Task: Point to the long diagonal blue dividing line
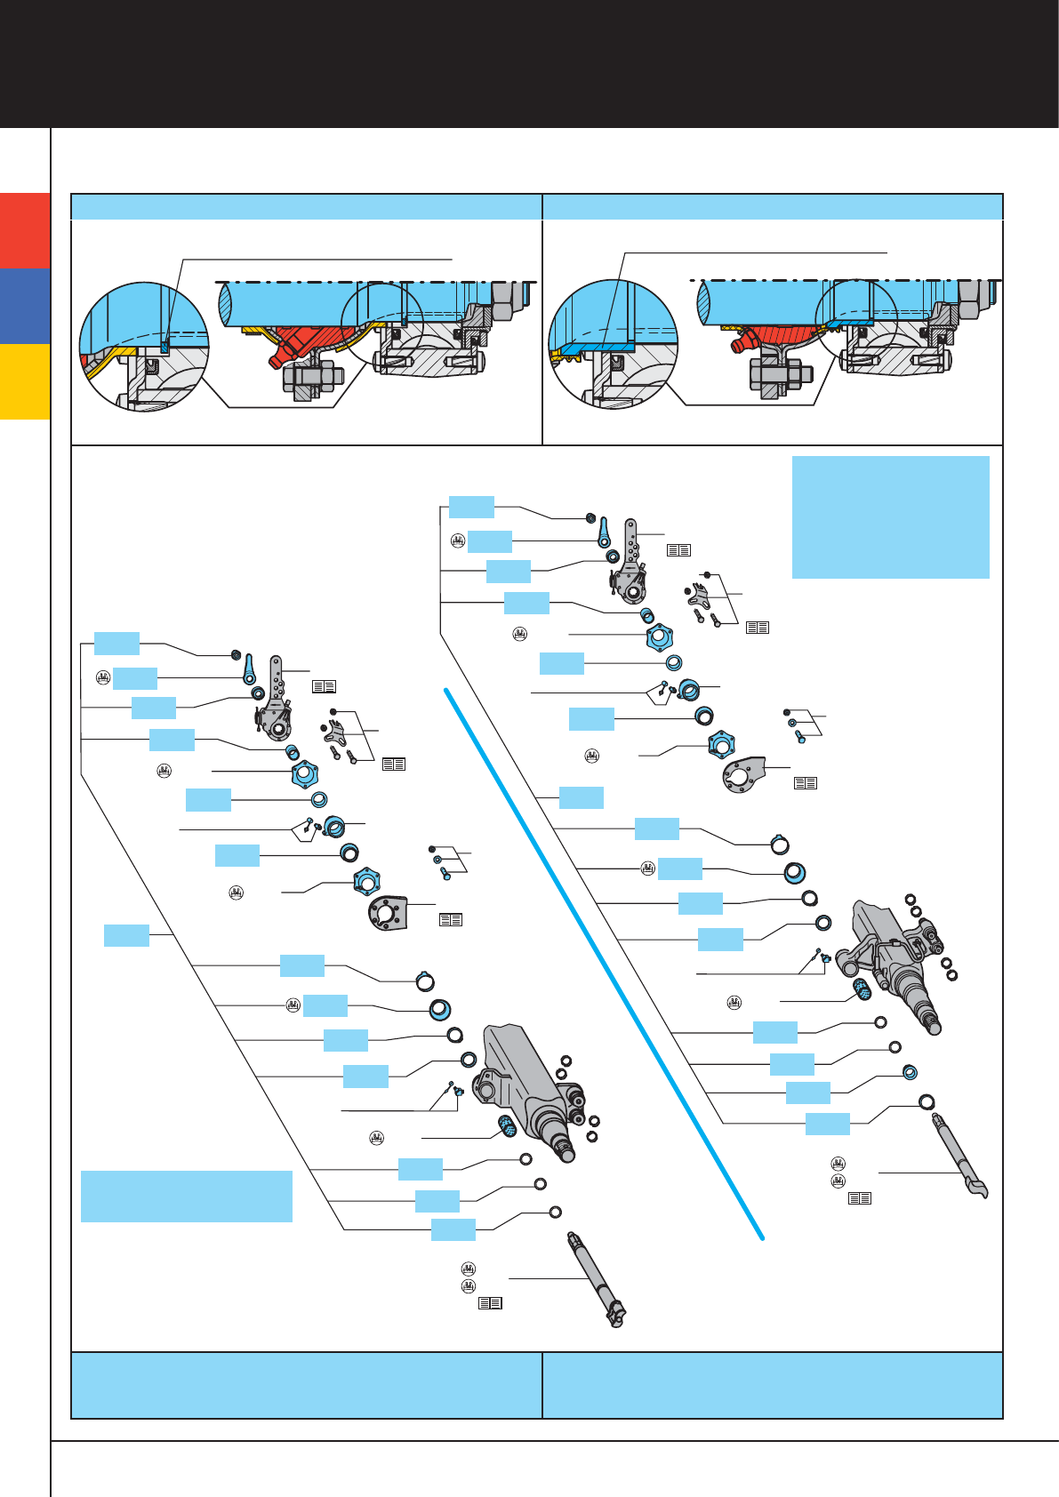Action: click(x=605, y=965)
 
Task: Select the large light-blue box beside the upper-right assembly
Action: click(x=890, y=516)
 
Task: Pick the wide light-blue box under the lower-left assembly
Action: click(x=186, y=1196)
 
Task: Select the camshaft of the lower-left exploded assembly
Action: click(x=596, y=1280)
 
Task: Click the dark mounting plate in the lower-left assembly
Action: click(x=388, y=914)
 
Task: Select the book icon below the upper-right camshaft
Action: click(x=859, y=1198)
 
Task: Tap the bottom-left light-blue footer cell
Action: click(x=306, y=1385)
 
